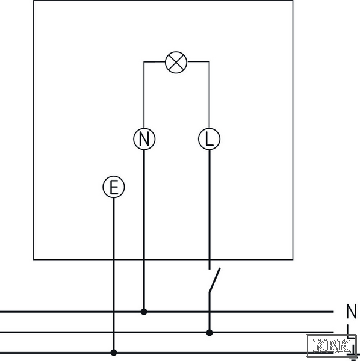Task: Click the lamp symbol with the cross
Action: pyautogui.click(x=176, y=63)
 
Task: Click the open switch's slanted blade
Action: pyautogui.click(x=215, y=280)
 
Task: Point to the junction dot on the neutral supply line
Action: pyautogui.click(x=144, y=312)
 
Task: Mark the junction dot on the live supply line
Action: pyautogui.click(x=209, y=333)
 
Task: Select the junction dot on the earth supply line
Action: pyautogui.click(x=114, y=353)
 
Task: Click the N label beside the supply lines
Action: pyautogui.click(x=351, y=311)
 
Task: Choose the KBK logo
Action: pyautogui.click(x=331, y=345)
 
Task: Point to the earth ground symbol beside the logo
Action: pyautogui.click(x=353, y=354)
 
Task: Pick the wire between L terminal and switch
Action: pyautogui.click(x=209, y=209)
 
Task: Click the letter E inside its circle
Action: pyautogui.click(x=114, y=187)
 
